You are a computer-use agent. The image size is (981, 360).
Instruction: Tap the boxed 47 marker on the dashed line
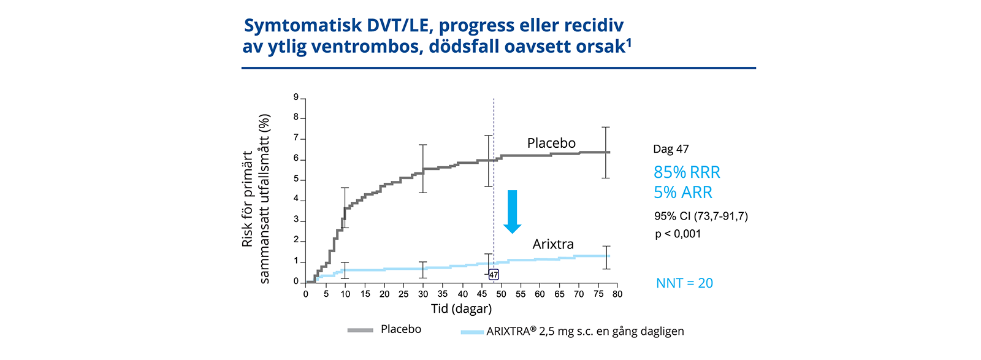[x=494, y=275]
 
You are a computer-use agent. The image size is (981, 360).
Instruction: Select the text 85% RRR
[x=687, y=172]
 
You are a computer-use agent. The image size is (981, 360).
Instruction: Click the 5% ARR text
[x=683, y=193]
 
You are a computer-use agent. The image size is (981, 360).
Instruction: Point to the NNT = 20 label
[x=684, y=283]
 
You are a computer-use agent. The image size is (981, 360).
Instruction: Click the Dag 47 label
[x=671, y=149]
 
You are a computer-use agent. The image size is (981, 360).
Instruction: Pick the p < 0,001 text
[x=678, y=234]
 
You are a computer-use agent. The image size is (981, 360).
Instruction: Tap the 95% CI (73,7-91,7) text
[x=701, y=216]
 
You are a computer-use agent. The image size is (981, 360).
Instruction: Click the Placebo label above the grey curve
[x=551, y=144]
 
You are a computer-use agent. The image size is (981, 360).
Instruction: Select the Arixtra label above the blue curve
[x=553, y=244]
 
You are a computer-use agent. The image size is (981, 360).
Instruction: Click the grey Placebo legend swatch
[x=360, y=331]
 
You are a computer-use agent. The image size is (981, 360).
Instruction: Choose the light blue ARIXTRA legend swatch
[x=472, y=332]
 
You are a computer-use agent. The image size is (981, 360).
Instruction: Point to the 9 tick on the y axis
[x=296, y=97]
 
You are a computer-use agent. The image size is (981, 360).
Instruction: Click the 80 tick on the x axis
[x=617, y=294]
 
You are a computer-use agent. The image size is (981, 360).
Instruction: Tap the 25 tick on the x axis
[x=403, y=294]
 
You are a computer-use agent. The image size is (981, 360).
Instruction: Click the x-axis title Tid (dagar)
[x=461, y=308]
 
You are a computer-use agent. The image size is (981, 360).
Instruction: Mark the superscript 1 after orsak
[x=628, y=42]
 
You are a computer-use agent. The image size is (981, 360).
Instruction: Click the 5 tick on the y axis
[x=296, y=179]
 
